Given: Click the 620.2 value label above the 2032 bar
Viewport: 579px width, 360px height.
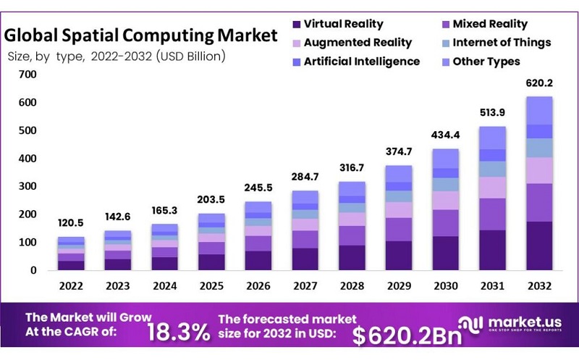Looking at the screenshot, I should [538, 83].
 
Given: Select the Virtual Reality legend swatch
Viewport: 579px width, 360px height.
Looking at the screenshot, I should [296, 24].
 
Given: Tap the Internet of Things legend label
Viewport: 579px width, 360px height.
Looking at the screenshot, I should [502, 43].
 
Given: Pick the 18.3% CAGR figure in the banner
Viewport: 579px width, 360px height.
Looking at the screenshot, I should [179, 332].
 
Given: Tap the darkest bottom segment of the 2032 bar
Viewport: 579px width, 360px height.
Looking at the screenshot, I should [538, 246].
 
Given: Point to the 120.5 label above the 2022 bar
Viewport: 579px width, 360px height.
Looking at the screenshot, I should [72, 223].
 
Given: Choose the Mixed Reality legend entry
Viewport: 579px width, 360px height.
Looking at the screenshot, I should [490, 24].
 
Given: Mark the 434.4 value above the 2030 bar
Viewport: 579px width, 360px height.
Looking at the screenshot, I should [447, 135].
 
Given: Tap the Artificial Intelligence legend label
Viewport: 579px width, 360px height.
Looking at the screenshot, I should [362, 62].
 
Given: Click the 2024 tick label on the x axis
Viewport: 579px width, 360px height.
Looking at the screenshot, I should [165, 285].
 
